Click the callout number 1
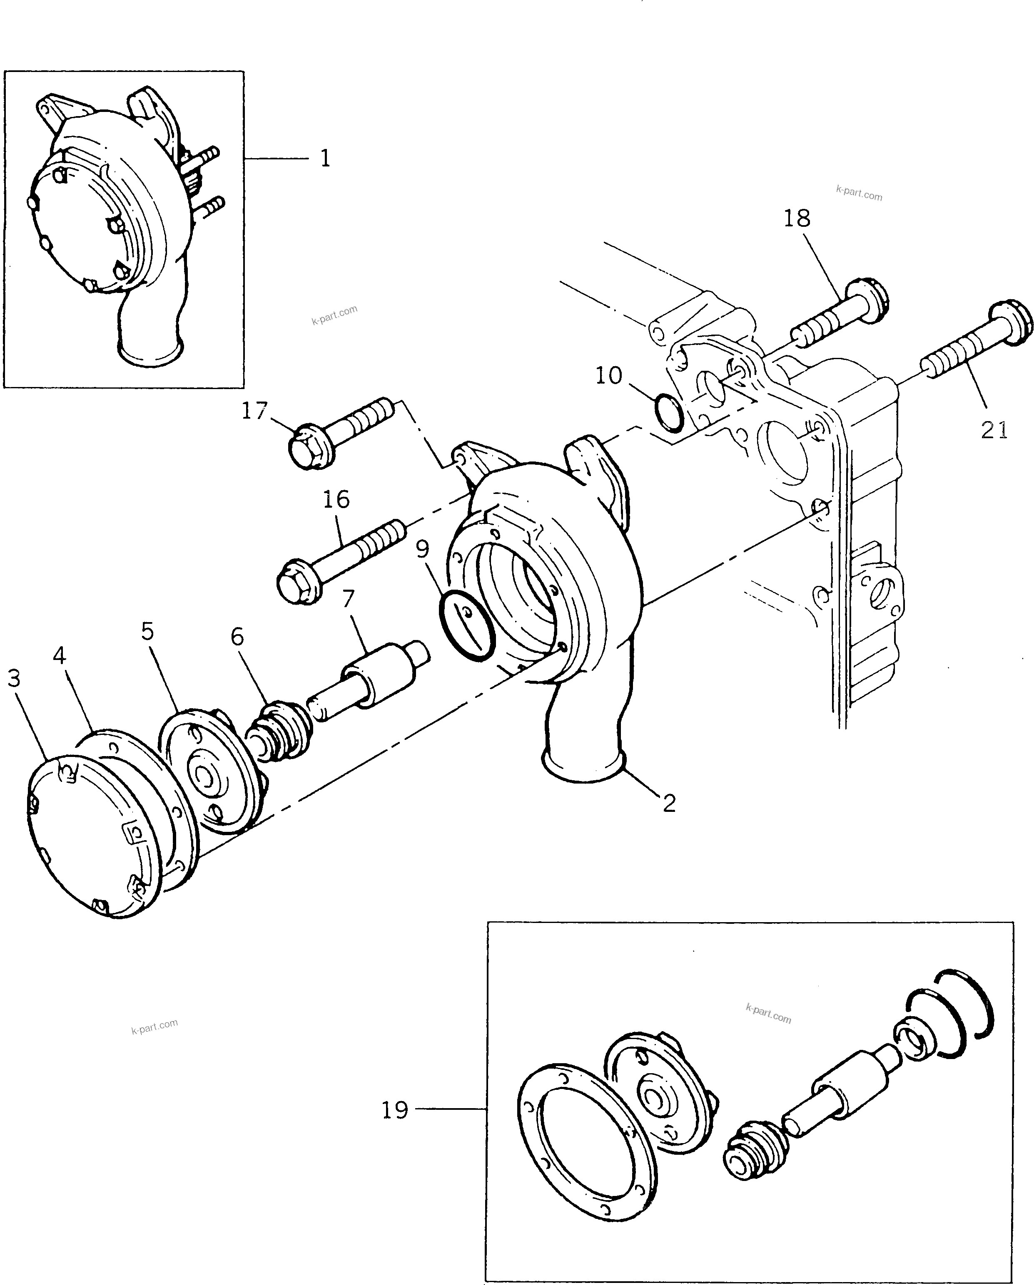pos(325,159)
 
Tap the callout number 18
pos(797,219)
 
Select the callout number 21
pos(994,430)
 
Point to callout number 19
pos(395,1110)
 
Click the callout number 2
pos(669,804)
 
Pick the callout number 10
pos(608,375)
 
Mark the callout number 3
pos(14,678)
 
